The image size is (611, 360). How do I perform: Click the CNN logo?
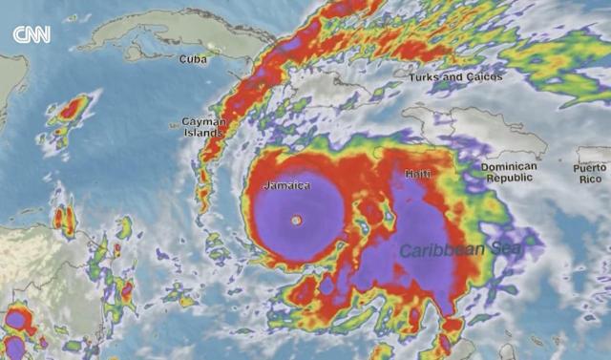[31, 35]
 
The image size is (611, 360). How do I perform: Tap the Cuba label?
[193, 59]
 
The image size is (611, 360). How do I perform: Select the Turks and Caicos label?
[455, 76]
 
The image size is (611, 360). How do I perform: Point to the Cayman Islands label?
[202, 127]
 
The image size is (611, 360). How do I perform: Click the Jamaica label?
[286, 184]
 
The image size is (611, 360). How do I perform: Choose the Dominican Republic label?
[509, 172]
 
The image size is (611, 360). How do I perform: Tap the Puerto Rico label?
[590, 173]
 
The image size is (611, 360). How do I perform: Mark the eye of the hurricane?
[296, 221]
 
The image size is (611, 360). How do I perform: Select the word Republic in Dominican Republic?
[509, 179]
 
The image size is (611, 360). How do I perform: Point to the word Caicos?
[483, 76]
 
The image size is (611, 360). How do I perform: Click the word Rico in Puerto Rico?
[590, 180]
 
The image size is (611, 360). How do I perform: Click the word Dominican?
[509, 166]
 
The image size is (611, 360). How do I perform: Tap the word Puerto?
[590, 167]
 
